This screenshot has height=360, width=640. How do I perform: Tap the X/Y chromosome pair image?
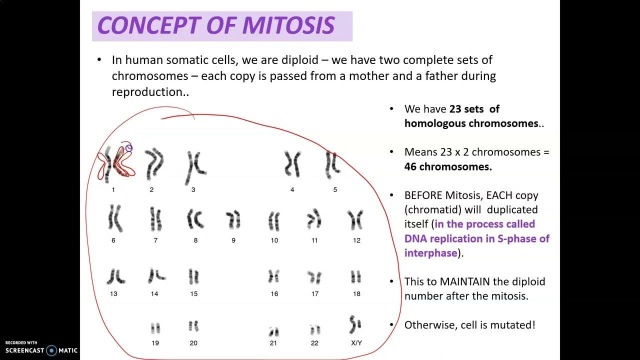[355, 325]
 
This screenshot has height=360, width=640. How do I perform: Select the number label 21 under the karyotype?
[273, 343]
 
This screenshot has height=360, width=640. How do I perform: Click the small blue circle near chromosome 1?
[129, 148]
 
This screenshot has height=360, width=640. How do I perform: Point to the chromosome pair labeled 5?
[332, 164]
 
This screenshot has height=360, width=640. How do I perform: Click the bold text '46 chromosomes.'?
[448, 166]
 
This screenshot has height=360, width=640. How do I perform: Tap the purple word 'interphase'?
[430, 253]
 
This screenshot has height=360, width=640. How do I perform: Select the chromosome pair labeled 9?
[233, 219]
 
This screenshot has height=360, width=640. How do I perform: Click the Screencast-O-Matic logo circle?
[51, 350]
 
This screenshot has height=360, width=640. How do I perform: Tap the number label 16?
[274, 294]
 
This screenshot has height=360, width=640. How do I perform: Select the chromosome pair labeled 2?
[154, 164]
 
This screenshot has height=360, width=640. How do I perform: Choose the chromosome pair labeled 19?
[155, 328]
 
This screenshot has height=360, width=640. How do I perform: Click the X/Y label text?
[356, 343]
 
